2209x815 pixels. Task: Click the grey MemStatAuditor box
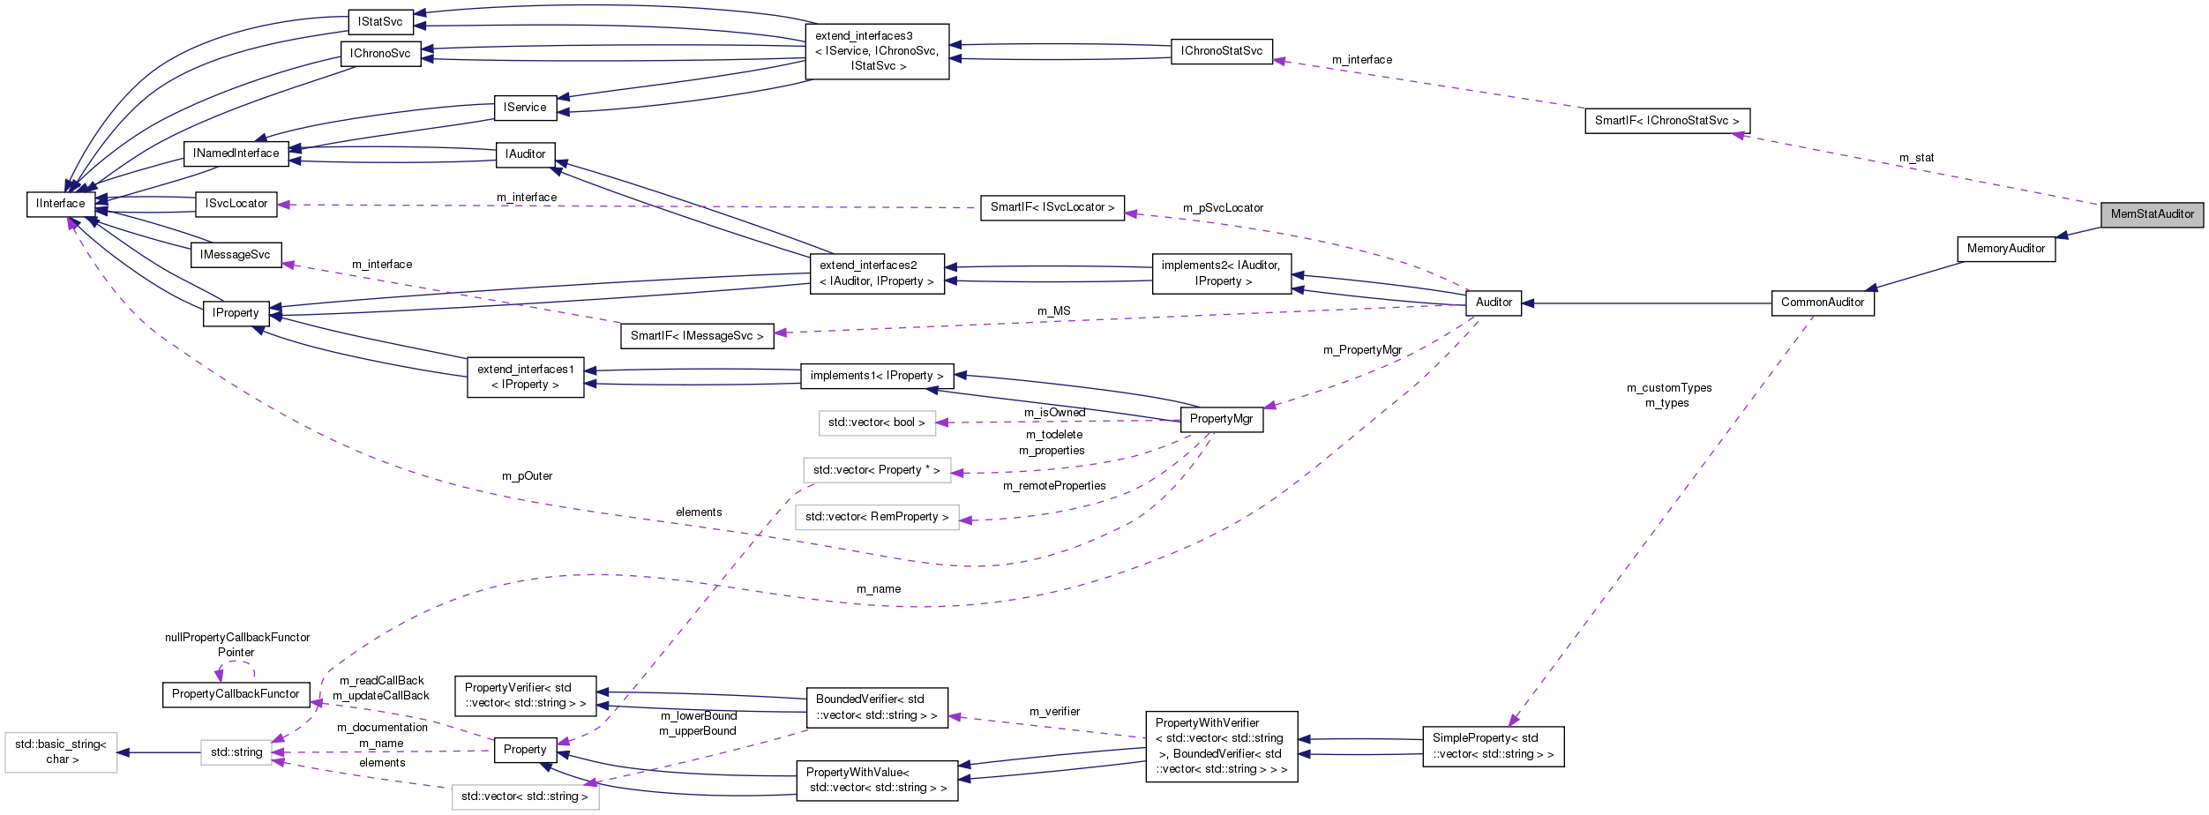click(x=2151, y=214)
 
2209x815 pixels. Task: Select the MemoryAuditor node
click(x=2005, y=249)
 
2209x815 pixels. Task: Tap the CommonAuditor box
click(x=1822, y=303)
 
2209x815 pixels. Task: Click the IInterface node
click(x=61, y=204)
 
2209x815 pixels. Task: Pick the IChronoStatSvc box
click(x=1221, y=51)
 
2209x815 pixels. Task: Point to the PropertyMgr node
click(x=1221, y=419)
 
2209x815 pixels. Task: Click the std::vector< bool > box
click(x=876, y=422)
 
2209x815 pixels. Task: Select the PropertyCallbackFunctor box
click(x=236, y=694)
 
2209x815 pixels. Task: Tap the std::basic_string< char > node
click(x=61, y=751)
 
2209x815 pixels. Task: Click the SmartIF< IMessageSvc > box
click(x=697, y=336)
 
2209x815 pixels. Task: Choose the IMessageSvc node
click(x=235, y=255)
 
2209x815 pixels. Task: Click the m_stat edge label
click(x=1916, y=158)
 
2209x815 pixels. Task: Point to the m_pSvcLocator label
click(x=1223, y=208)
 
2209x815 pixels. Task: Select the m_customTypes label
click(x=1669, y=388)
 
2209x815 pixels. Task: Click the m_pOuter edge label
click(x=527, y=476)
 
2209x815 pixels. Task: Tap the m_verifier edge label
click(x=1054, y=712)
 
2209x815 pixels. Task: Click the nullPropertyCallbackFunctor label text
click(x=237, y=638)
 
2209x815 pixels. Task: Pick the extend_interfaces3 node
click(x=877, y=51)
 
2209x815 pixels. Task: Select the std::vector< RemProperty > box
click(x=877, y=517)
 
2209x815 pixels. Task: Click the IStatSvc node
click(x=380, y=22)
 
